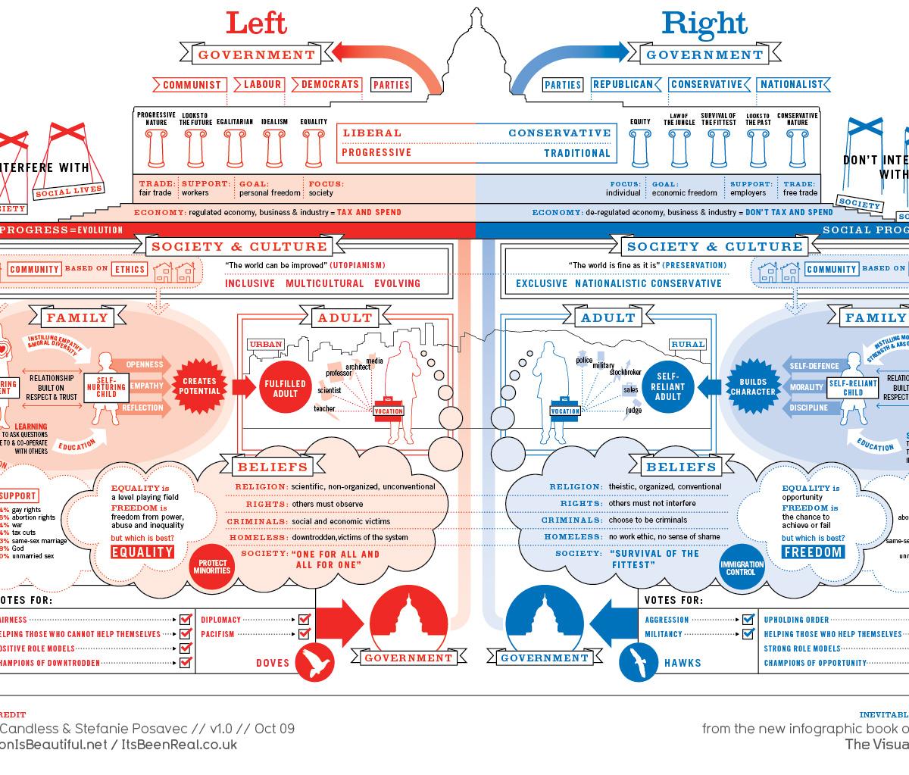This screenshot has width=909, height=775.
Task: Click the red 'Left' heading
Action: (257, 23)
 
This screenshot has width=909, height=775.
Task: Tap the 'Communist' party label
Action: (192, 85)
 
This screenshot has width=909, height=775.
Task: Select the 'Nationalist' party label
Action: (791, 84)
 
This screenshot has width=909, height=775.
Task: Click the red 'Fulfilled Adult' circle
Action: (285, 388)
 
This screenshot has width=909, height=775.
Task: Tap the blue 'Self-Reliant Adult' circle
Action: (669, 386)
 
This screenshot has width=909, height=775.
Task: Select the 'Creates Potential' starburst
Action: (200, 386)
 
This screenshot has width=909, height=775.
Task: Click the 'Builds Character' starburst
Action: (753, 386)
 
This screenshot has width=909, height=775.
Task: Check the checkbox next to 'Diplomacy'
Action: (305, 620)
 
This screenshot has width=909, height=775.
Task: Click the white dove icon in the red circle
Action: (314, 663)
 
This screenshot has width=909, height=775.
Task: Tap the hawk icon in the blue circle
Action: (639, 663)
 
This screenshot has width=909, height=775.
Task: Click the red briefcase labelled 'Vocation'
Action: (389, 405)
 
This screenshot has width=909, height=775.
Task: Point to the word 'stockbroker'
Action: (625, 372)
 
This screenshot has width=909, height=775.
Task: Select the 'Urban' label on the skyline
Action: (265, 344)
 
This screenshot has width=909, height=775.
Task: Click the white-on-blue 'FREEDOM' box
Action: (813, 552)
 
